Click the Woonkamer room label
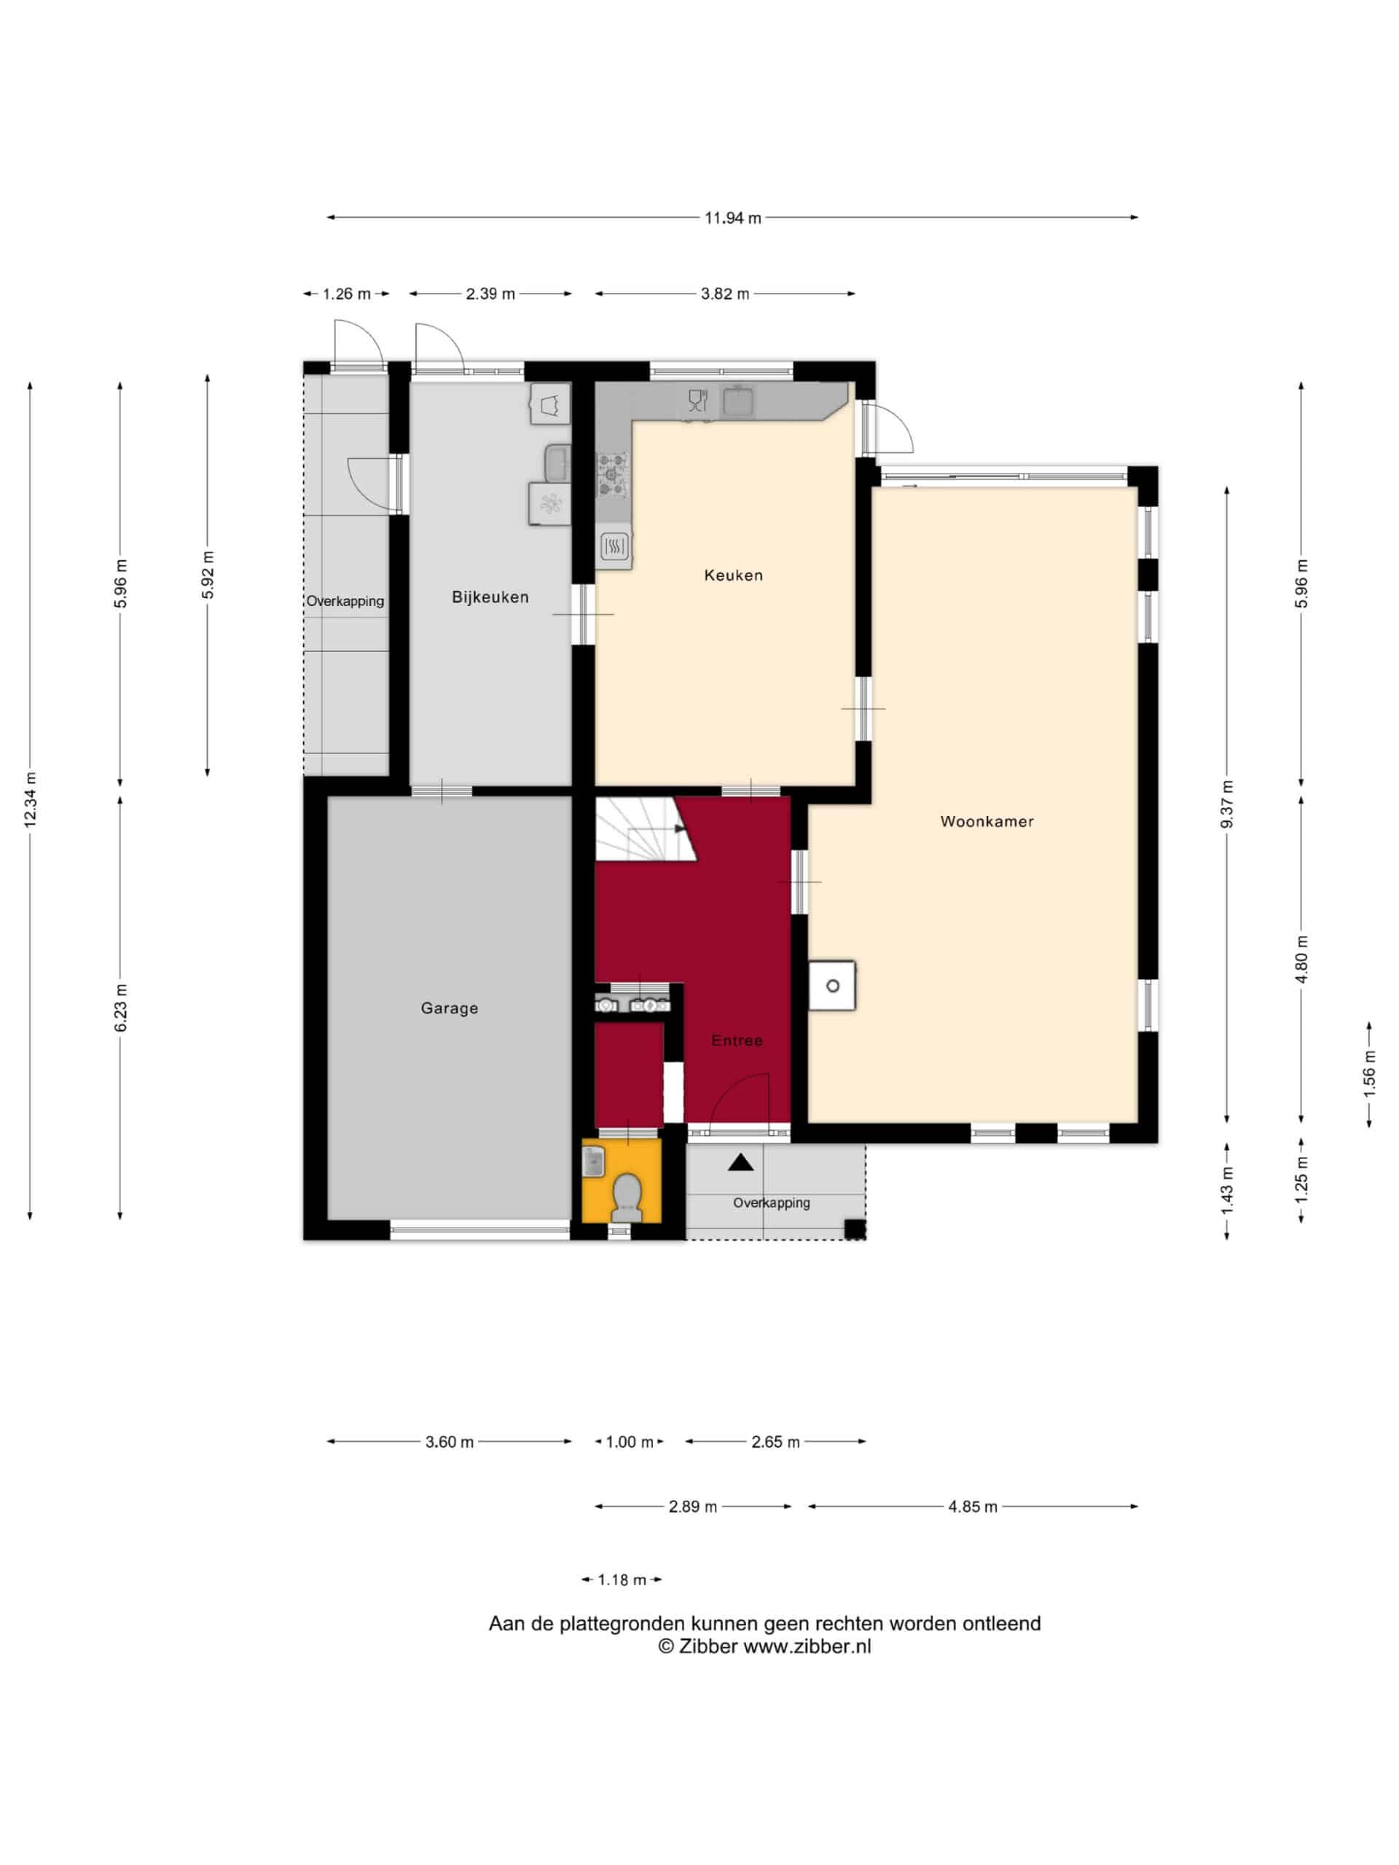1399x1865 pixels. [x=987, y=821]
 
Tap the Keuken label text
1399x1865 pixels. [x=734, y=575]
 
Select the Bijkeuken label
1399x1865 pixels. [x=490, y=597]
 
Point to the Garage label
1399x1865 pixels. [x=450, y=1008]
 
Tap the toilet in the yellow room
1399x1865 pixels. [x=627, y=1197]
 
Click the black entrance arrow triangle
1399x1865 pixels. [x=740, y=1163]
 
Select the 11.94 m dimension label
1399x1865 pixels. [x=733, y=218]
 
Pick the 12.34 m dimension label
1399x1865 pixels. [x=31, y=799]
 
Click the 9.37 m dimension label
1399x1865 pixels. [x=1227, y=804]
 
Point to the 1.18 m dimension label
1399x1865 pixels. [x=622, y=1580]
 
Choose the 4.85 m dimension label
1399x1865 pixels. [x=972, y=1507]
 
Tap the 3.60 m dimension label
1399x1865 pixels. [x=450, y=1442]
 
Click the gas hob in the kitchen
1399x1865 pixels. [x=613, y=474]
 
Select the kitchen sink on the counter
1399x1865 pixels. [x=738, y=401]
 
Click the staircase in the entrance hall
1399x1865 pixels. [x=645, y=830]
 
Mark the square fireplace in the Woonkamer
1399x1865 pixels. [x=832, y=986]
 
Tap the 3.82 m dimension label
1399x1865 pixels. [x=725, y=294]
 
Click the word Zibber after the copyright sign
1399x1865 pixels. [x=708, y=1646]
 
